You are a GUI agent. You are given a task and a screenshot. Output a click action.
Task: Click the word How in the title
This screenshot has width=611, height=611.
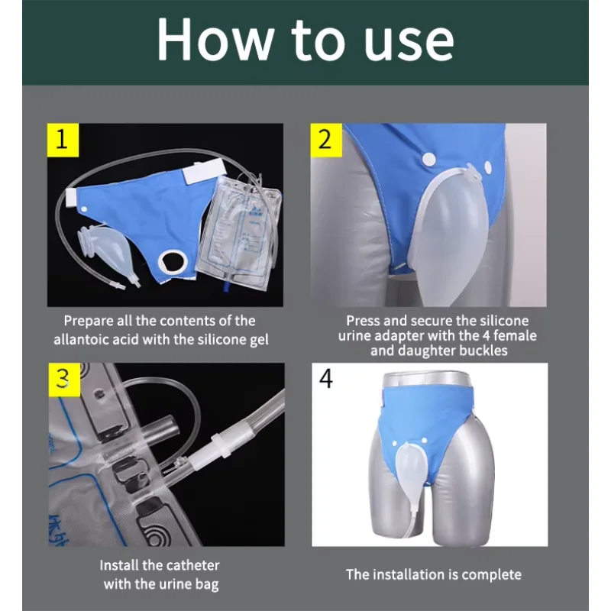pyautogui.click(x=215, y=40)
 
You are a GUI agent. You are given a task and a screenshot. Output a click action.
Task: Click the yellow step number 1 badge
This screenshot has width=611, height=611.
pyautogui.click(x=63, y=140)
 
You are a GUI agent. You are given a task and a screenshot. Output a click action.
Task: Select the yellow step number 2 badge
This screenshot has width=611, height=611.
pyautogui.click(x=326, y=140)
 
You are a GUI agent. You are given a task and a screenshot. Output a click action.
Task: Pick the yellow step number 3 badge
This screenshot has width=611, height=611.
pyautogui.click(x=64, y=380)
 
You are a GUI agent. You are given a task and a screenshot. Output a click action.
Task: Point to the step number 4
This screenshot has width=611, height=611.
pyautogui.click(x=326, y=379)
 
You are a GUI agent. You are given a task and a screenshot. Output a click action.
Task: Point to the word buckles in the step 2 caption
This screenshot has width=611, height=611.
pyautogui.click(x=483, y=351)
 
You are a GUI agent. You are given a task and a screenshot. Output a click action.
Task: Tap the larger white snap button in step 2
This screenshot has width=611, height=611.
pyautogui.click(x=428, y=159)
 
